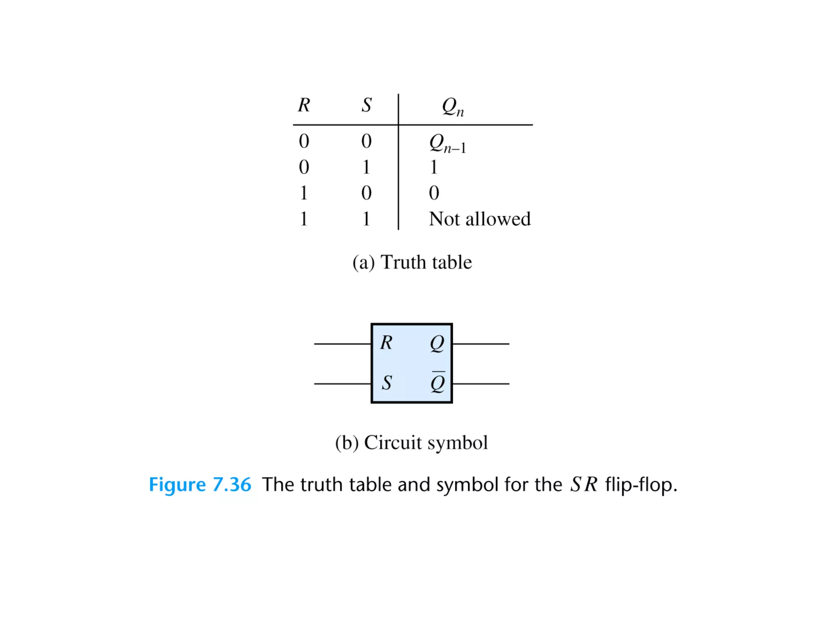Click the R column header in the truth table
pos(304,105)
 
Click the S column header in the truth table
pos(366,105)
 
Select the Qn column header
pos(452,107)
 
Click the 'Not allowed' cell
pos(479,219)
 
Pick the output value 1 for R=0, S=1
pos(433,167)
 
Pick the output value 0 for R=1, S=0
pos(434,193)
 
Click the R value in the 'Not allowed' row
pos(304,219)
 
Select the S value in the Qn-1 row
pos(366,141)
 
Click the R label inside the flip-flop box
pos(386,343)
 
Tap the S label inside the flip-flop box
pos(387,383)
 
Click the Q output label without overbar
pos(437,344)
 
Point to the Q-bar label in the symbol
pos(437,382)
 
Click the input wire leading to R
pos(342,344)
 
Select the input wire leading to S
pos(342,384)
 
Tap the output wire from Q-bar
pos(481,384)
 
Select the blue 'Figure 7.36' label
pos(200,484)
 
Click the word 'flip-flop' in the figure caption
pos(641,485)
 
